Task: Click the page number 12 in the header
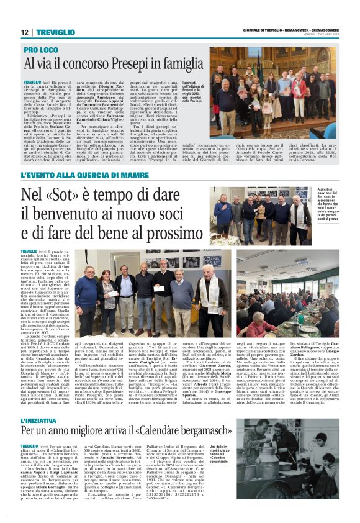pyautogui.click(x=25, y=32)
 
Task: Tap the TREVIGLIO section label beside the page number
pyautogui.click(x=54, y=32)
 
